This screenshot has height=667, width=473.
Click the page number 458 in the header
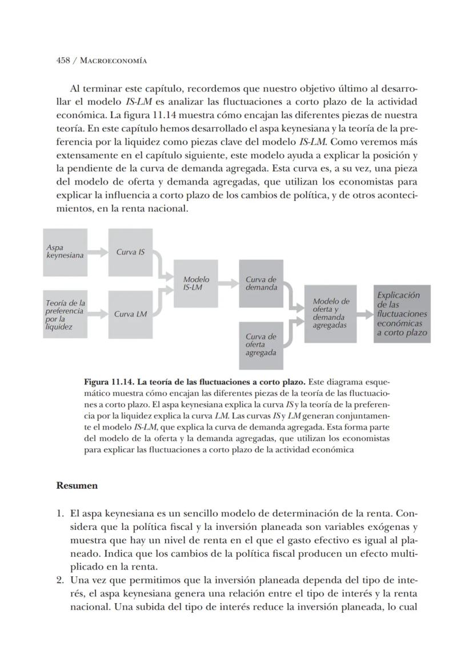[63, 61]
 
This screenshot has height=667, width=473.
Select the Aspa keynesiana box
[65, 252]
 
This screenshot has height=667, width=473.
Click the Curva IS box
[130, 252]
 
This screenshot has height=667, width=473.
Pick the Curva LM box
[130, 314]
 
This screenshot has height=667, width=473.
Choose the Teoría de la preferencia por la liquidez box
[65, 314]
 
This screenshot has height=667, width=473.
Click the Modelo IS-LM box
[196, 283]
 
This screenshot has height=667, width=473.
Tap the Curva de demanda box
[261, 283]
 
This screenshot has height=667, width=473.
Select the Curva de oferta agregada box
[261, 345]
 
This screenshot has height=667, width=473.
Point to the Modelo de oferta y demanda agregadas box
[330, 314]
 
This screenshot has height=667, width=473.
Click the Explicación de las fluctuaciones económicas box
[402, 314]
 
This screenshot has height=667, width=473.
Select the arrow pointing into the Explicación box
[364, 314]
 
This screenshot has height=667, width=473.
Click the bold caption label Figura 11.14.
[109, 381]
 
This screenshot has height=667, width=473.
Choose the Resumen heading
[77, 485]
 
